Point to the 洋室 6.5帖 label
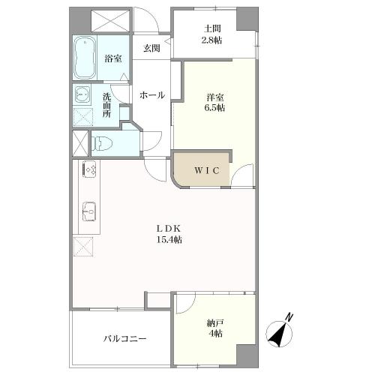click(216, 102)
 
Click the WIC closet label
click(207, 170)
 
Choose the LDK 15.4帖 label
click(170, 234)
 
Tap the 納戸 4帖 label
click(216, 328)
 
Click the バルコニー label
click(125, 339)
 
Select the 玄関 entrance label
click(152, 48)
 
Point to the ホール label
click(152, 94)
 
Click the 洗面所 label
click(107, 106)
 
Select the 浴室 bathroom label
click(113, 57)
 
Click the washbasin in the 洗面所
click(82, 95)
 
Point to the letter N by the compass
click(290, 317)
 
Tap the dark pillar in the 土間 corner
click(244, 19)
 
